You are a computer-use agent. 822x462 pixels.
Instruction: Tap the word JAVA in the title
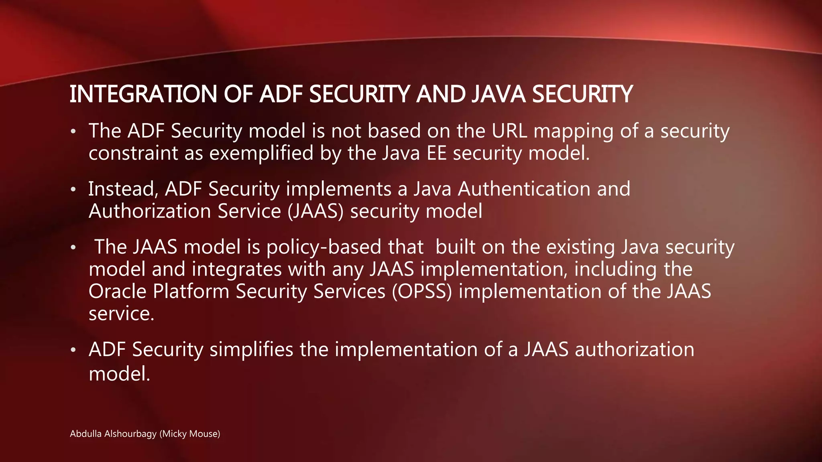tap(498, 94)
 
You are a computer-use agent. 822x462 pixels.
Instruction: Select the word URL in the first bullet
tap(510, 131)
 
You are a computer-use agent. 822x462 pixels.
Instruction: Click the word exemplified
tap(261, 153)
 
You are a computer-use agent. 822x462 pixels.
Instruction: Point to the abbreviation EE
tap(437, 153)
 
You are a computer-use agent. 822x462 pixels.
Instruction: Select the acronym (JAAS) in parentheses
tap(315, 211)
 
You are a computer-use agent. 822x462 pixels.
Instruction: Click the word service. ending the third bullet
tap(121, 314)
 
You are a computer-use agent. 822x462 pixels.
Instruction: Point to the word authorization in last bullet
tap(635, 349)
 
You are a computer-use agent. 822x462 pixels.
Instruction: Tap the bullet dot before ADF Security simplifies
tap(73, 350)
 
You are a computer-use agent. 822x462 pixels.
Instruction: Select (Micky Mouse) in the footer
tap(190, 434)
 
